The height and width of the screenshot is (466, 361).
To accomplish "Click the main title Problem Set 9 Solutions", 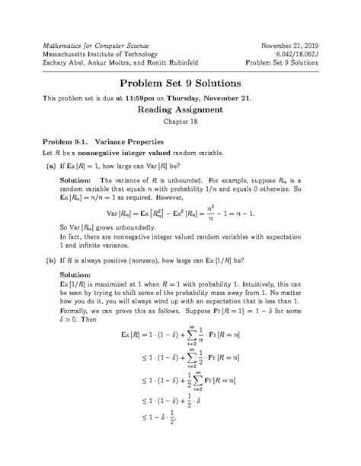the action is coord(180,82).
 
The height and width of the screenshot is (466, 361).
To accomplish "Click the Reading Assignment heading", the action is coord(180,109).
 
